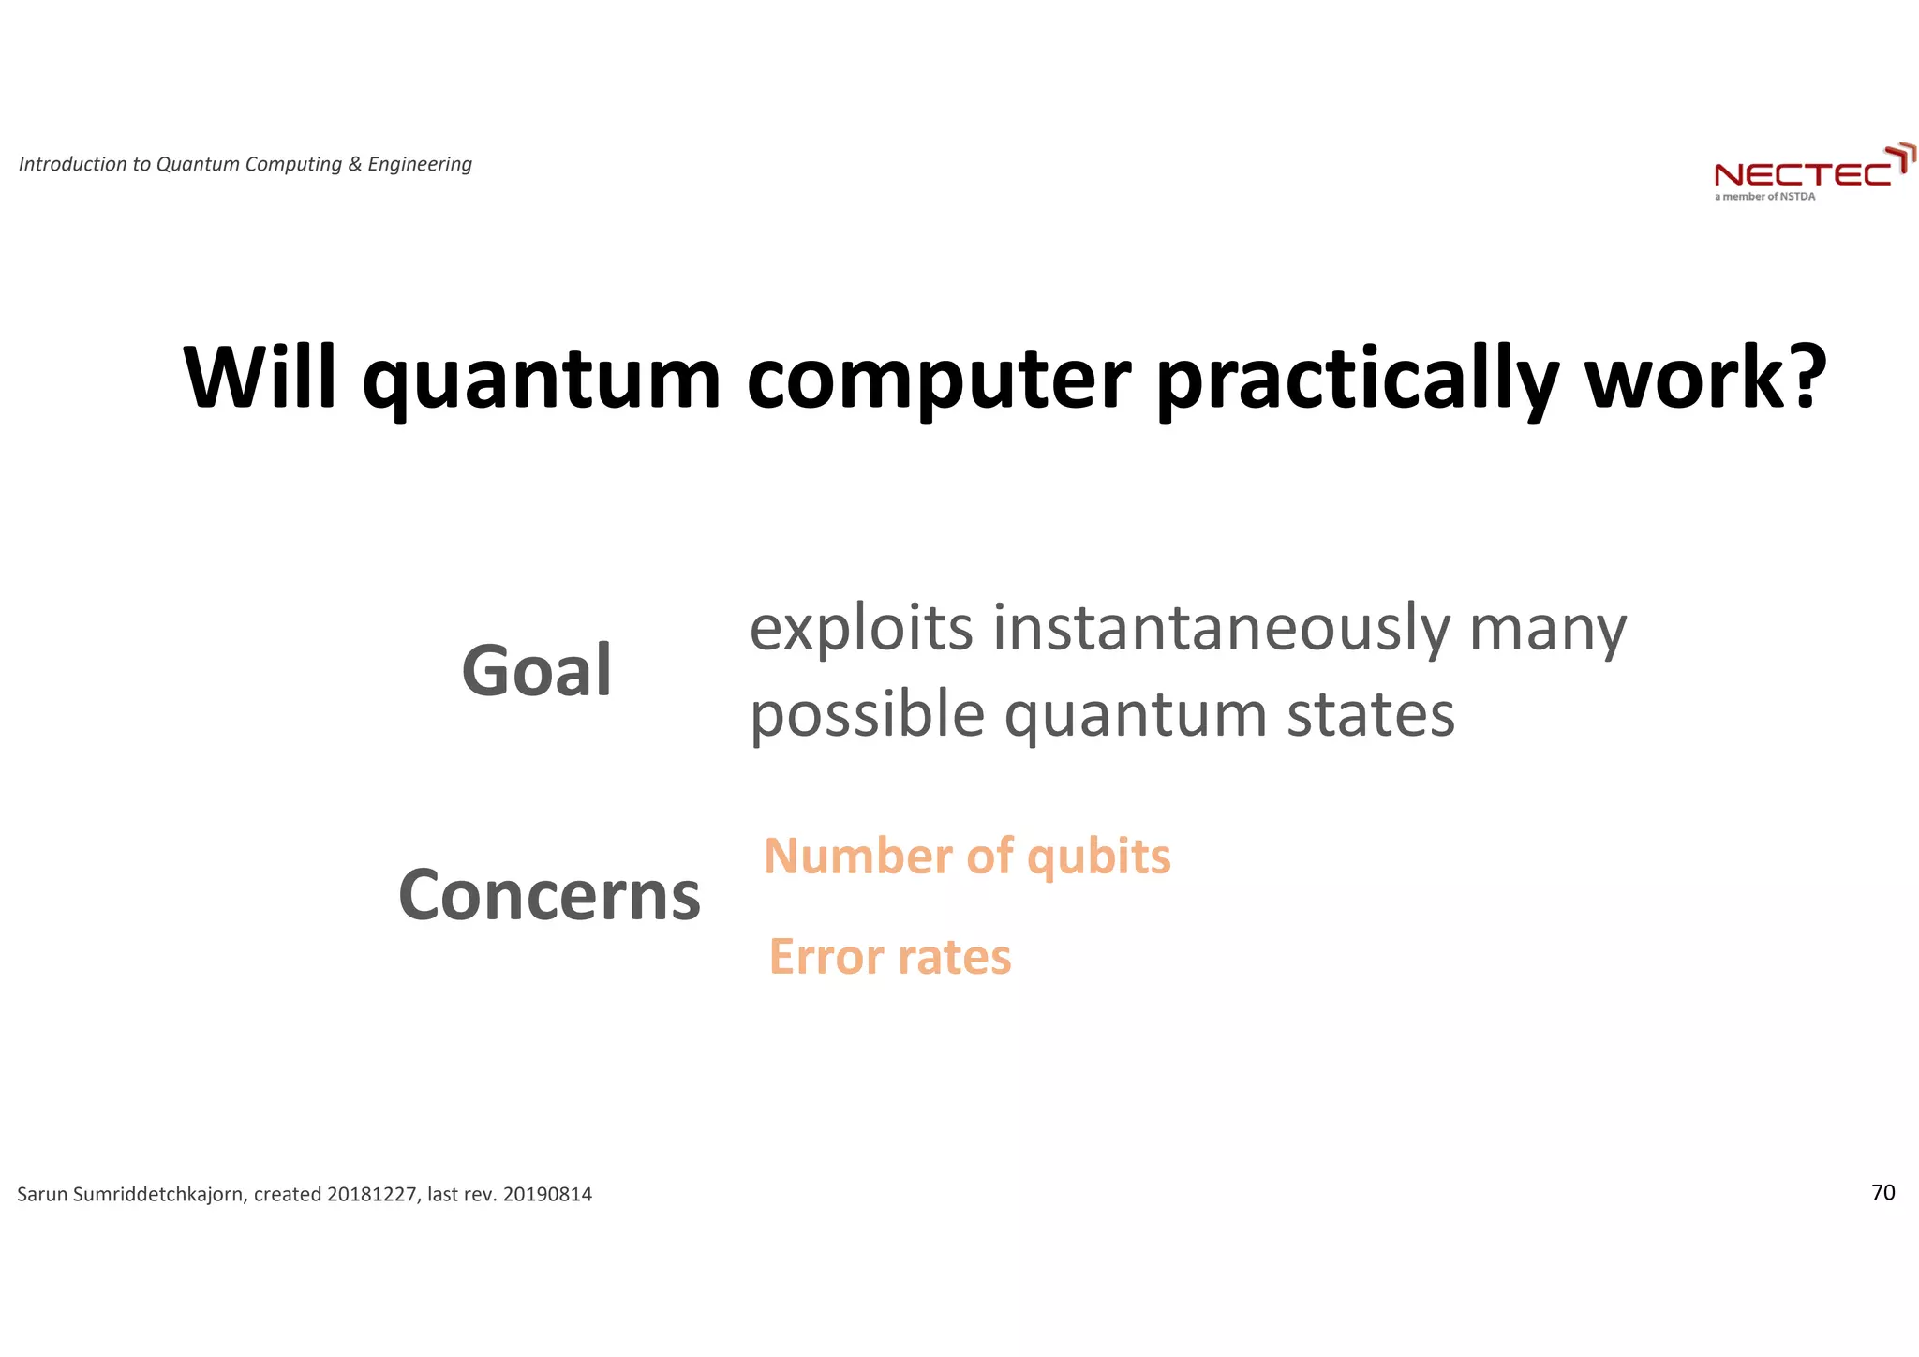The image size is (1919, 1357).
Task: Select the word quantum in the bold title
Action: (542, 380)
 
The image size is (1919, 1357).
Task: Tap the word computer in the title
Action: (939, 380)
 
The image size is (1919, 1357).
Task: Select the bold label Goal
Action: (537, 671)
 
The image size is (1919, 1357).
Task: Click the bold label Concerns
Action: (549, 895)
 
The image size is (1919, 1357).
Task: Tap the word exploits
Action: (861, 630)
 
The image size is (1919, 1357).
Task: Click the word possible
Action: (867, 715)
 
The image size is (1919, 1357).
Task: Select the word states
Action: (1370, 715)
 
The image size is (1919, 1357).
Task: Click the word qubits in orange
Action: (1098, 857)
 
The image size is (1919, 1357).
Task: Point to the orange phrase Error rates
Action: (890, 957)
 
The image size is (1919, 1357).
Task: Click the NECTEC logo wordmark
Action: (1803, 174)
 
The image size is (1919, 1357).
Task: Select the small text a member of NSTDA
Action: (1764, 197)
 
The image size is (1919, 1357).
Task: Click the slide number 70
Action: (1882, 1192)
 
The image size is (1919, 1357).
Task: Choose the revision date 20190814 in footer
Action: (547, 1195)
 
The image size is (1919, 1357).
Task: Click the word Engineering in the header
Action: (420, 164)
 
